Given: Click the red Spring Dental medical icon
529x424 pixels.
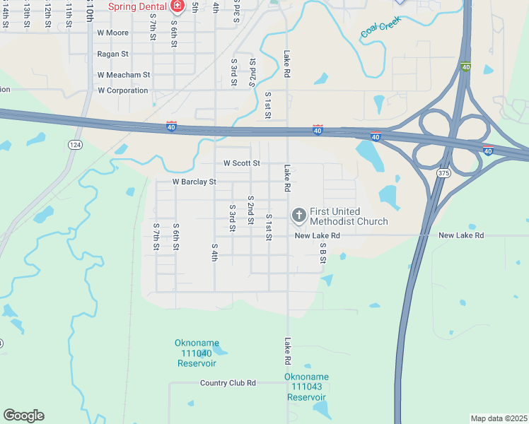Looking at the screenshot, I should (177, 6).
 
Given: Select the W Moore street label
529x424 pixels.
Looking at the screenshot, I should (113, 33).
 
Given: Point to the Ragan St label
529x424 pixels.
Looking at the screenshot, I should (113, 54).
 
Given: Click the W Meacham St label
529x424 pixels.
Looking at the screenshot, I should (124, 74).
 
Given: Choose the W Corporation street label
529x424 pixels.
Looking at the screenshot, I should (123, 90).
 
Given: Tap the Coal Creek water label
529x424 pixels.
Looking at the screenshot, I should (380, 28).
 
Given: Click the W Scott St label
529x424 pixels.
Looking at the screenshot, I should (242, 163).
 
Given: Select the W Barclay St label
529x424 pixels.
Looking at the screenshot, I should (194, 182).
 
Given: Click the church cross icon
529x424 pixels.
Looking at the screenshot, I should (298, 215).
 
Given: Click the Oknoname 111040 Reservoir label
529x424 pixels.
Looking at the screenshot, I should (196, 353).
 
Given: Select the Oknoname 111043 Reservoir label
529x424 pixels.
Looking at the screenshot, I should (306, 387).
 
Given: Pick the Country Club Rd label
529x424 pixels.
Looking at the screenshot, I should (228, 383).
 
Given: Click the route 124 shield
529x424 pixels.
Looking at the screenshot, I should (74, 144).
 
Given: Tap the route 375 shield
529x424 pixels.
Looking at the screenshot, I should (443, 173).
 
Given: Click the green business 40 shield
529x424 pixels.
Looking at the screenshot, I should (465, 67).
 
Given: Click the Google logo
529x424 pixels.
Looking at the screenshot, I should (23, 416).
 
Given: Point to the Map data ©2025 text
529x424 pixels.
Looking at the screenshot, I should (498, 418).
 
